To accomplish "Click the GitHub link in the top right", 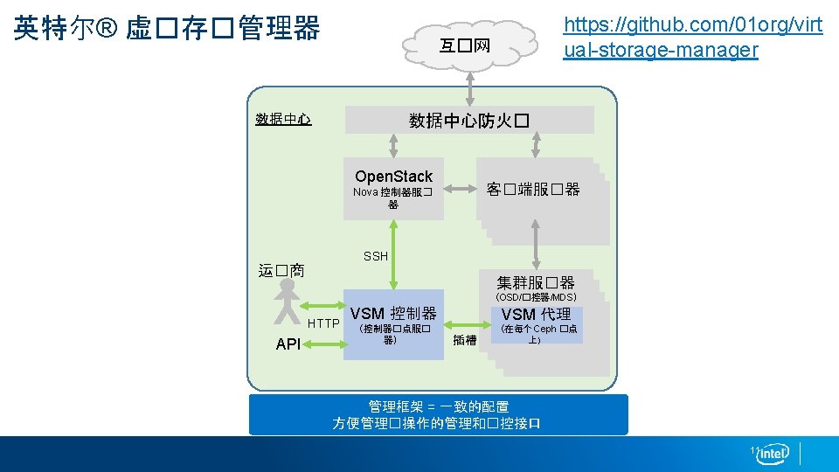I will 692,38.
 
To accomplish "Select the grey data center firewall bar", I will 469,120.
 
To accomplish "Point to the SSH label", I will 376,256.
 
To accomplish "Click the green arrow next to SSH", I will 394,254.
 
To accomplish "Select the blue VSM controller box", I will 393,324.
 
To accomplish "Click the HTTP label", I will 324,324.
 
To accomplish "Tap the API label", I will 288,344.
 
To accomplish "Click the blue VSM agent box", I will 537,324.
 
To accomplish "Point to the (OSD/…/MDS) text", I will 537,298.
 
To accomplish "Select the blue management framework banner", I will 438,414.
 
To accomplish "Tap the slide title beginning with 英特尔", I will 167,28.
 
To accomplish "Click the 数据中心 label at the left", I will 283,119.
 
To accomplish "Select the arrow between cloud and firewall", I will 470,87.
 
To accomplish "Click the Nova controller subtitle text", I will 392,198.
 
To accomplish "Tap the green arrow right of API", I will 324,344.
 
